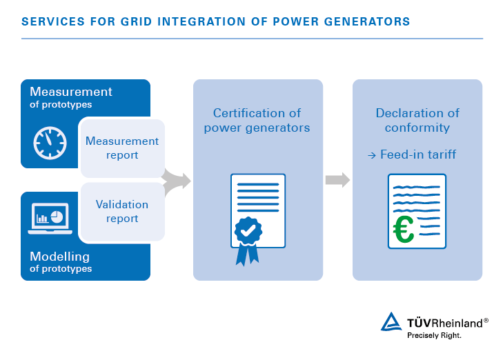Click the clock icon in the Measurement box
point(50,143)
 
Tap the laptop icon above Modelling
point(50,219)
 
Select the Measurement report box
point(123,148)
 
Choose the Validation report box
point(123,212)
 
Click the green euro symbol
point(404,229)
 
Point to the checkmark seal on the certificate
point(248,230)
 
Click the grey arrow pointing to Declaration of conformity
point(337,180)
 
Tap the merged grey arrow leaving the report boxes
point(177,181)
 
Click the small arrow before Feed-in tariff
point(372,155)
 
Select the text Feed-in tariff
point(418,154)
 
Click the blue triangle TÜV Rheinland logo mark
point(391,321)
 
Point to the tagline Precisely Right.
point(434,335)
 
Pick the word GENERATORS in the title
point(367,21)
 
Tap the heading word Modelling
point(59,257)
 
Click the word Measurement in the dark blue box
point(71,92)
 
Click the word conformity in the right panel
point(417,128)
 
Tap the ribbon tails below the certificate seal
point(247,254)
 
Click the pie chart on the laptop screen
point(57,217)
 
